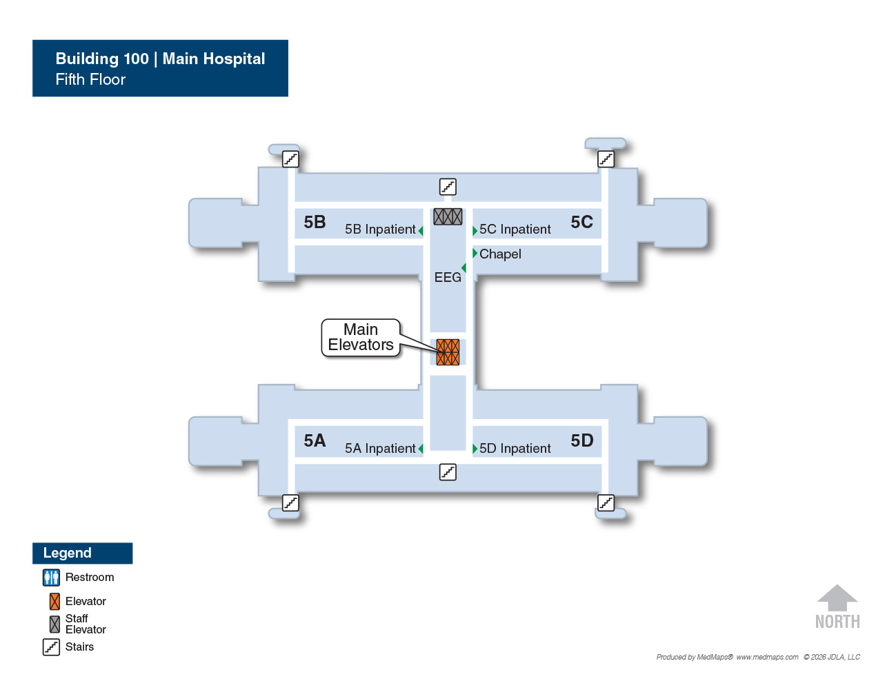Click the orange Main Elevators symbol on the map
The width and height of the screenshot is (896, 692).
click(448, 352)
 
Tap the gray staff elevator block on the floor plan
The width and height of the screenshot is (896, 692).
click(448, 216)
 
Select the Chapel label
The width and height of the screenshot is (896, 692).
click(500, 254)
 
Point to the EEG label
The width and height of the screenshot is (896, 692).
click(448, 277)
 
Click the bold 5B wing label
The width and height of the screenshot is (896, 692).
click(315, 222)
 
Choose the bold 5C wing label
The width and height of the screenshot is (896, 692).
click(581, 222)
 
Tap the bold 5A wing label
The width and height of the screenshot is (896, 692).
click(315, 440)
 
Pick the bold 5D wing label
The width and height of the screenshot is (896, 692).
click(581, 440)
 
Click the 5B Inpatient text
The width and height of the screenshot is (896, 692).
click(380, 230)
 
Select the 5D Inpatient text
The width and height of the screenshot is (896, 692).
click(515, 448)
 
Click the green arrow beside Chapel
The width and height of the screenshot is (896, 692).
click(475, 253)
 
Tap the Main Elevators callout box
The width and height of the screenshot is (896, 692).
click(360, 337)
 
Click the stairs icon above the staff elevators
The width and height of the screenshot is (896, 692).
click(448, 187)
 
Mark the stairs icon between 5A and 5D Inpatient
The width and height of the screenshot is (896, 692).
click(448, 472)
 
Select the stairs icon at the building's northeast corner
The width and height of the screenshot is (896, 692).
click(606, 159)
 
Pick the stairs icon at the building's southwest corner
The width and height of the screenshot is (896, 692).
click(290, 503)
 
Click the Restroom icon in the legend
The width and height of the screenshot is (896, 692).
click(51, 578)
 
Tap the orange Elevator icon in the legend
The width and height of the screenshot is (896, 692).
click(54, 602)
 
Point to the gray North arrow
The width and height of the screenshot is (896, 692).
click(837, 598)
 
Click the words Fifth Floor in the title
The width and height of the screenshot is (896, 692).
click(90, 79)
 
